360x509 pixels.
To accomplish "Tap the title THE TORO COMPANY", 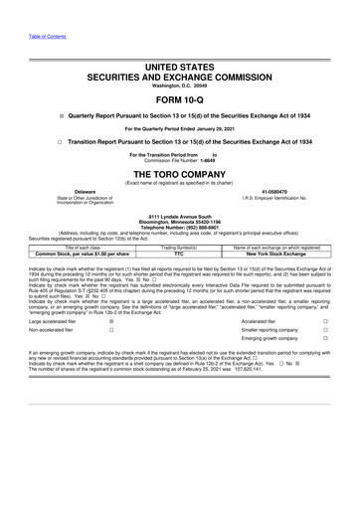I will (x=179, y=172).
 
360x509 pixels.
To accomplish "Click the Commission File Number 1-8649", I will (x=179, y=161).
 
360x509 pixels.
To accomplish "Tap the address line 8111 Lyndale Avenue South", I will (x=179, y=216).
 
